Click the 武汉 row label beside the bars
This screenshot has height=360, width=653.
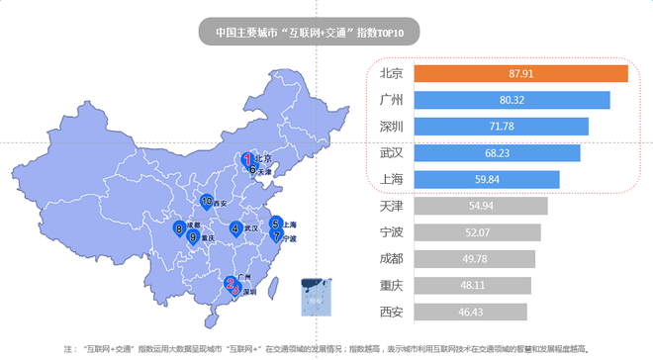[391, 153]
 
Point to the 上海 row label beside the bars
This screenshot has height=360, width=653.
[391, 180]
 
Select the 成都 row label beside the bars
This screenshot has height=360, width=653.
[391, 259]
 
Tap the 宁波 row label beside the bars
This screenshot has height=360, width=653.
[391, 232]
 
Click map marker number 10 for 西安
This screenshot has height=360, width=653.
[206, 202]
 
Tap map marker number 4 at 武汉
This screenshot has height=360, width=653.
[234, 228]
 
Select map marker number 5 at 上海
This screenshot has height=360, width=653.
[275, 224]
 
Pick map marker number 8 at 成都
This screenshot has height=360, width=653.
[178, 228]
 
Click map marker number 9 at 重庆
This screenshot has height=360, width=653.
[192, 236]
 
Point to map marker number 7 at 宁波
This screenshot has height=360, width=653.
[276, 236]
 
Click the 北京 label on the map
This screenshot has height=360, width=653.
[263, 158]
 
